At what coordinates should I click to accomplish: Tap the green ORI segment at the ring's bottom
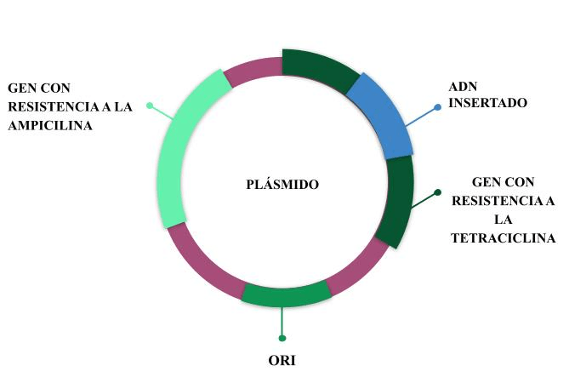286,294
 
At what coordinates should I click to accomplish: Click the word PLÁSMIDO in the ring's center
284,184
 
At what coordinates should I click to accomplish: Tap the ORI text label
282,360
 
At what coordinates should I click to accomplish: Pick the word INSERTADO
488,103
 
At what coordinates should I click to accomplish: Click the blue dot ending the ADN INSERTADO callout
438,107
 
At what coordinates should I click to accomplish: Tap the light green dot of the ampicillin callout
150,106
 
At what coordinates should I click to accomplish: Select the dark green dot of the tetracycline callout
437,192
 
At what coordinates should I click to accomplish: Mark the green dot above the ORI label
282,338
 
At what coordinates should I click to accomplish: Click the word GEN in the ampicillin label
22,88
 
